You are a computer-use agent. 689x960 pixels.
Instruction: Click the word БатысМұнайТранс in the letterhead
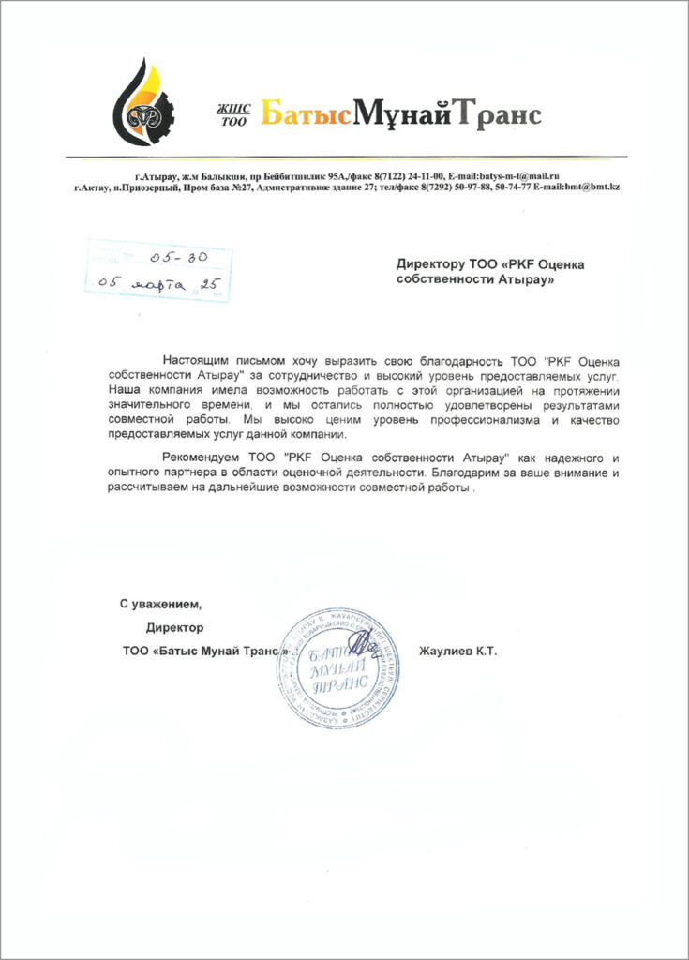coord(400,114)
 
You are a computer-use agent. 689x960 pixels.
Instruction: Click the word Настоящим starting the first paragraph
coord(196,360)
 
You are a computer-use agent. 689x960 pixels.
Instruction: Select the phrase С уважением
coord(159,604)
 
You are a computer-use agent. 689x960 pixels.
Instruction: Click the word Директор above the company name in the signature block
coord(174,627)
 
